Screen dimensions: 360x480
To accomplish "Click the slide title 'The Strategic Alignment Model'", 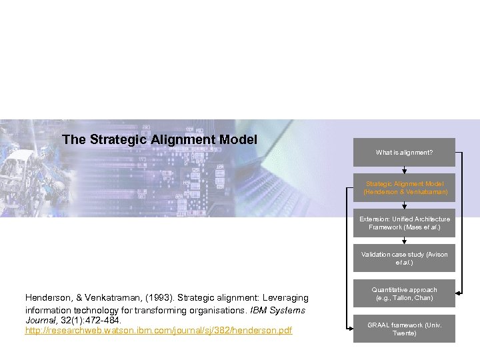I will pyautogui.click(x=159, y=139).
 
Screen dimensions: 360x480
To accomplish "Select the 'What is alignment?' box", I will pyautogui.click(x=404, y=153).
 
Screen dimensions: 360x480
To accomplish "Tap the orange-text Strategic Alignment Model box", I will pyautogui.click(x=404, y=187).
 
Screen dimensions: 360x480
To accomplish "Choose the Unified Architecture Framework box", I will pyautogui.click(x=404, y=223).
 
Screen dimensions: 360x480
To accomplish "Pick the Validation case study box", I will pyautogui.click(x=404, y=258).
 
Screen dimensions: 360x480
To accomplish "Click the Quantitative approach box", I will pyautogui.click(x=404, y=293).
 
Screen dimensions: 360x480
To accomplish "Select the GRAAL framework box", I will pyautogui.click(x=404, y=329).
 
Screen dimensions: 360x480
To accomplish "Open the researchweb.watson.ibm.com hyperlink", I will pyautogui.click(x=158, y=331).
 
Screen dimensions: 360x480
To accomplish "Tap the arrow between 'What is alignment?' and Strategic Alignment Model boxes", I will pyautogui.click(x=404, y=171).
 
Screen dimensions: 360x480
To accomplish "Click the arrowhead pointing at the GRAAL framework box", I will pyautogui.click(x=351, y=329).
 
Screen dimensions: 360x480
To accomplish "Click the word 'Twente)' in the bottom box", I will pyautogui.click(x=404, y=333).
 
